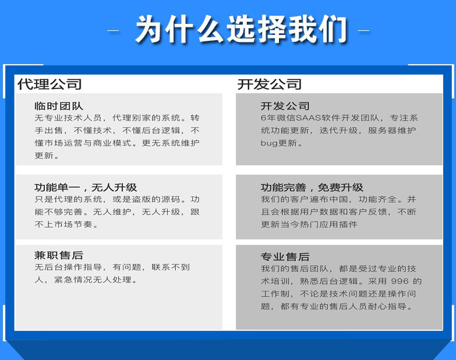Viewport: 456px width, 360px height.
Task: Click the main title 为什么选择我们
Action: pos(241,30)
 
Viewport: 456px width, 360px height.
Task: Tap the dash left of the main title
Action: pos(113,30)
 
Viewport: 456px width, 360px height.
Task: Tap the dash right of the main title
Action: pos(363,30)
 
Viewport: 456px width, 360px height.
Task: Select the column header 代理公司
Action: pos(50,84)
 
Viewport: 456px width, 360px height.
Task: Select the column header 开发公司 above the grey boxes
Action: pos(269,84)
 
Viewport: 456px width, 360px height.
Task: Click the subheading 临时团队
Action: pos(59,106)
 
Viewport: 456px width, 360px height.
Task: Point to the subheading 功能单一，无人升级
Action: pos(86,187)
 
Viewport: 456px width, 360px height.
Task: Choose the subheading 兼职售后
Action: pos(59,255)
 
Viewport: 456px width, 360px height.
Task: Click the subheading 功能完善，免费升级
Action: pos(312,187)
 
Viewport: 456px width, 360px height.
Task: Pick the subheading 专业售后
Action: pos(285,257)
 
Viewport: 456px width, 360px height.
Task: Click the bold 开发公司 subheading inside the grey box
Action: pos(285,106)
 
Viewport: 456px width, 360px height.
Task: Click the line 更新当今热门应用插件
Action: pos(309,224)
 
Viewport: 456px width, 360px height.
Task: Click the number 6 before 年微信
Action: pos(263,118)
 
